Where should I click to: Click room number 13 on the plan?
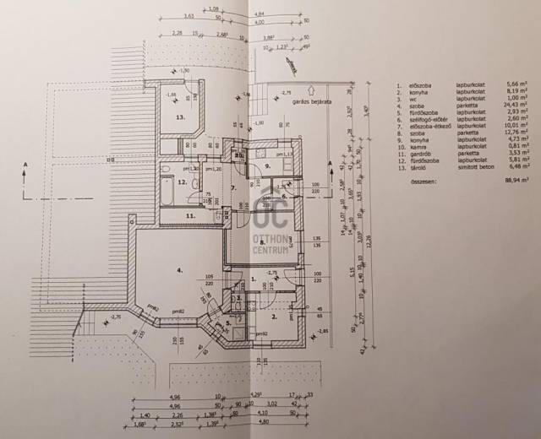[179, 117]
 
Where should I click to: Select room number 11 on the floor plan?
[191, 216]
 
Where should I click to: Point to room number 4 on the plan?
[179, 270]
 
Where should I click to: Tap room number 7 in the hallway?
[233, 187]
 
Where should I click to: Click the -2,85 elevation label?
[321, 332]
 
